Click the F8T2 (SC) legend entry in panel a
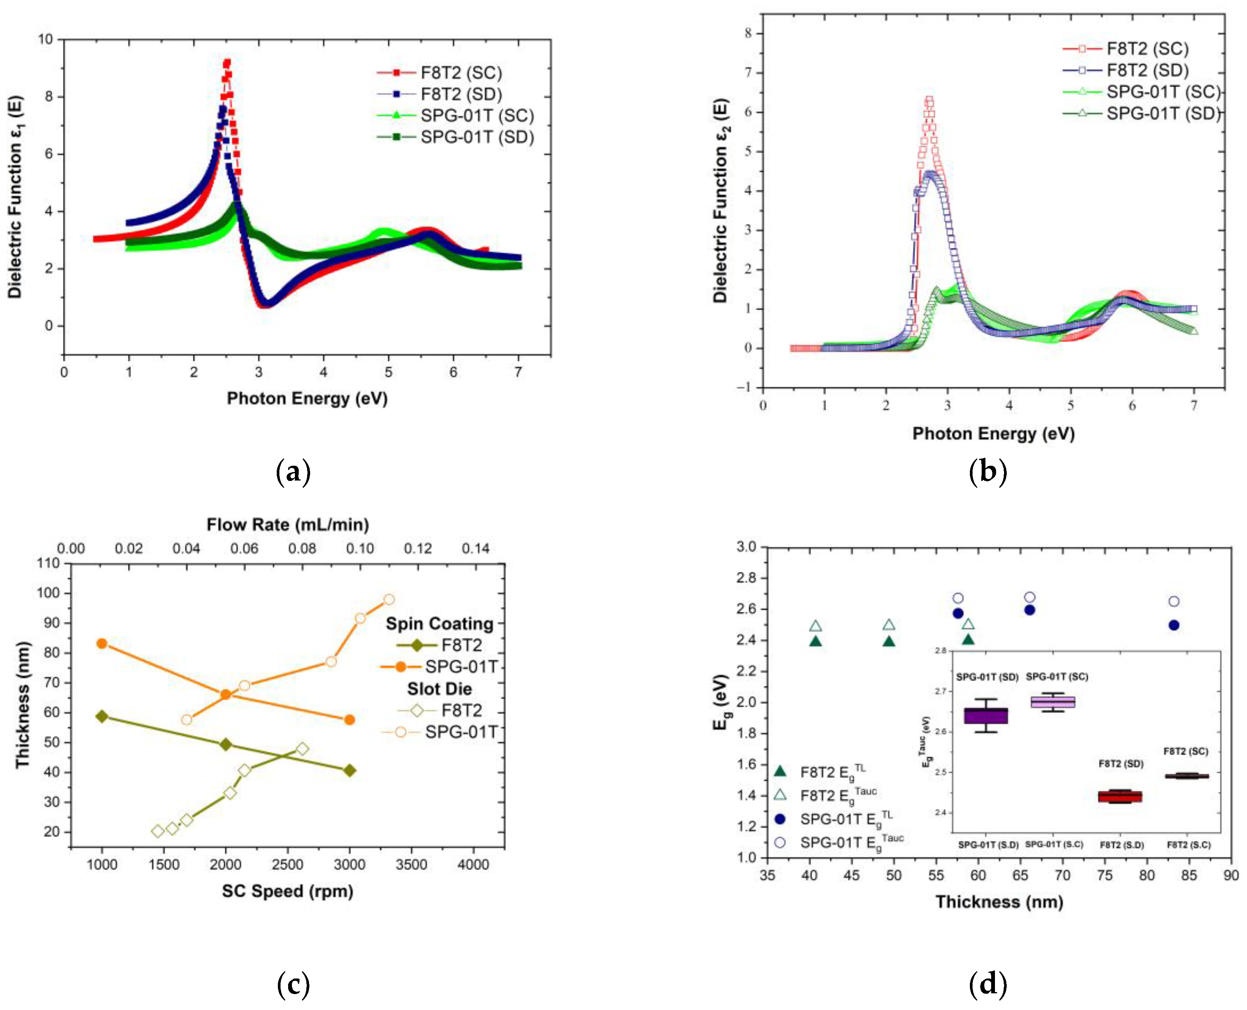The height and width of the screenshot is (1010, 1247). pyautogui.click(x=460, y=73)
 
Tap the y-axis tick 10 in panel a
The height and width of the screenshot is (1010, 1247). pyautogui.click(x=46, y=39)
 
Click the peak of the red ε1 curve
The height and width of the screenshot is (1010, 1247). pyautogui.click(x=227, y=62)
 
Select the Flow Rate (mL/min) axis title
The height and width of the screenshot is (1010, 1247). pyautogui.click(x=288, y=525)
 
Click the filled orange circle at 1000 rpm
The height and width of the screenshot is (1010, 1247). pyautogui.click(x=102, y=644)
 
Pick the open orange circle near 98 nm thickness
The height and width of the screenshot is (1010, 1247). pyautogui.click(x=389, y=599)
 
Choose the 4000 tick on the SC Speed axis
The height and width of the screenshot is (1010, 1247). pyautogui.click(x=473, y=865)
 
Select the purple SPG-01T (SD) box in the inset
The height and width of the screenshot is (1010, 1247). pyautogui.click(x=985, y=716)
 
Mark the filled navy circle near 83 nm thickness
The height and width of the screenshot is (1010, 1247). pyautogui.click(x=1174, y=625)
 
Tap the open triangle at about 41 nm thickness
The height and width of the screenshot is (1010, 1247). pyautogui.click(x=816, y=626)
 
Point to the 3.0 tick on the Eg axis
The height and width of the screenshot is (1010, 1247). pyautogui.click(x=747, y=547)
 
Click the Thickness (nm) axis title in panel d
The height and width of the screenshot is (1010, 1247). pyautogui.click(x=999, y=902)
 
